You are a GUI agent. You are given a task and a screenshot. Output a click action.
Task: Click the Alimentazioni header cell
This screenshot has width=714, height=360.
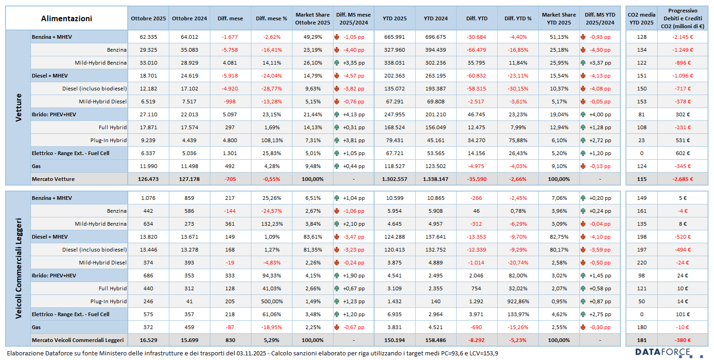tap(66, 18)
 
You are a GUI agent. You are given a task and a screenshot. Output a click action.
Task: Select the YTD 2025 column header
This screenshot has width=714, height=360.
tap(394, 18)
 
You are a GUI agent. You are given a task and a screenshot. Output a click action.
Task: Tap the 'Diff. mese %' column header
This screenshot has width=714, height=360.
tap(271, 18)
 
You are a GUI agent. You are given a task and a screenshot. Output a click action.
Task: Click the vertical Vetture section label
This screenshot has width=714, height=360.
tap(18, 108)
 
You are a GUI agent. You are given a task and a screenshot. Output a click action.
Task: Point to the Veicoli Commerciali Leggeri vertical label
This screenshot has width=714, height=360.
tap(18, 269)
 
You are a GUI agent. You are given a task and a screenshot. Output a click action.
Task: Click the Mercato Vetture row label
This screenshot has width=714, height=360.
tap(53, 179)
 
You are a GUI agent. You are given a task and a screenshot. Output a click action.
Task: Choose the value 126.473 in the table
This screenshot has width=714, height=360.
tap(148, 179)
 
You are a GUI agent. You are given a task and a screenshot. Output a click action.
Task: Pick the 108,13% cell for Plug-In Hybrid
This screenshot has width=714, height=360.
tap(271, 140)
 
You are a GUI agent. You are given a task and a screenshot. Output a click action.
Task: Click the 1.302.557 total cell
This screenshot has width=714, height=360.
tap(394, 179)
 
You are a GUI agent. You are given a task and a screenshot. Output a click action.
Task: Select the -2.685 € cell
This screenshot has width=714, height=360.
tap(683, 179)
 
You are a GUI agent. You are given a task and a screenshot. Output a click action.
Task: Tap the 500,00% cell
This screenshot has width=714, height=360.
tap(271, 301)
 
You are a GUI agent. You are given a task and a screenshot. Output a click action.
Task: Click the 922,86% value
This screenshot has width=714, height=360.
tap(518, 301)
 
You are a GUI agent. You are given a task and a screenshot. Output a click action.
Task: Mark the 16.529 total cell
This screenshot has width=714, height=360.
tap(148, 340)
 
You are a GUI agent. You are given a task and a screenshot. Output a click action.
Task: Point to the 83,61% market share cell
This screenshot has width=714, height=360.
tap(312, 237)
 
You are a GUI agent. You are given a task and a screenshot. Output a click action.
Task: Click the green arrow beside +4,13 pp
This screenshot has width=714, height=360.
tap(337, 114)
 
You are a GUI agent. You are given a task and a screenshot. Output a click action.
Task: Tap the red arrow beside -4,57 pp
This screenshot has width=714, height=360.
tap(337, 76)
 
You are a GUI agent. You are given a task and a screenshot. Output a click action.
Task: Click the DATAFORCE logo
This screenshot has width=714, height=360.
tap(669, 353)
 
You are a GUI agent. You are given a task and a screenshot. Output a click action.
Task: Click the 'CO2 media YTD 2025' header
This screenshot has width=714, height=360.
tap(641, 18)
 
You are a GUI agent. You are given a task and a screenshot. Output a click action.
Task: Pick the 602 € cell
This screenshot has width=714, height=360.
tap(683, 153)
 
